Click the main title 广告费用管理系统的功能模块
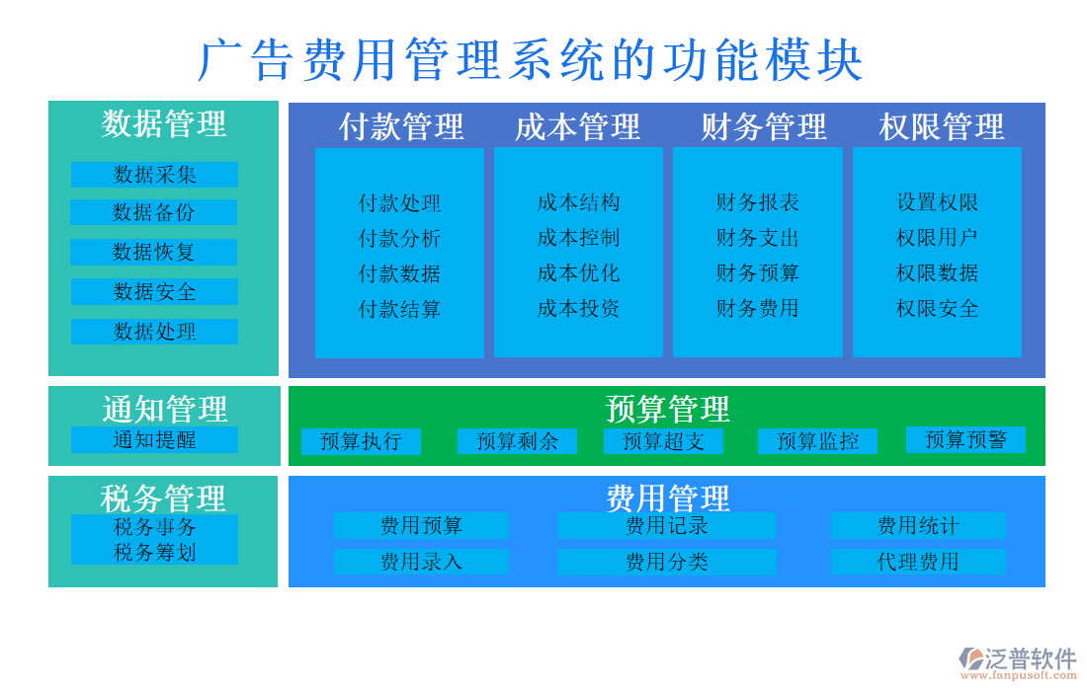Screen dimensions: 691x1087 click(x=531, y=61)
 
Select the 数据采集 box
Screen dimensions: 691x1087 click(x=154, y=175)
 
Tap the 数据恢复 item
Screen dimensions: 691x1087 click(x=154, y=252)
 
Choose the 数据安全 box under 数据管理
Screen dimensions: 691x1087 click(x=154, y=291)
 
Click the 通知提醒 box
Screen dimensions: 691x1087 click(x=154, y=439)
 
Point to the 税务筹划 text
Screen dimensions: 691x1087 click(x=154, y=553)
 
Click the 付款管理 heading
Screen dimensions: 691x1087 click(x=400, y=126)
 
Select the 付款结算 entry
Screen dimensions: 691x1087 click(x=399, y=309)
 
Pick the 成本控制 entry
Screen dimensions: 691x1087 click(x=578, y=238)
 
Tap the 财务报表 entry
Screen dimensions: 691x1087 click(x=757, y=202)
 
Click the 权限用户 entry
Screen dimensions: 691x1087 click(x=937, y=238)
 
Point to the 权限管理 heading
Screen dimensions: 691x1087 click(x=941, y=126)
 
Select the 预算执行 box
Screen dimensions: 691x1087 click(x=361, y=441)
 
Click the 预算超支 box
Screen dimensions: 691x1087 click(x=663, y=441)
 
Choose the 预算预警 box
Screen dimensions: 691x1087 click(x=965, y=439)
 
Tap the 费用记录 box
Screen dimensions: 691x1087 click(x=666, y=526)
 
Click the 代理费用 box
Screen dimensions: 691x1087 click(x=918, y=562)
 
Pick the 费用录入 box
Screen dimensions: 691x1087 click(x=421, y=562)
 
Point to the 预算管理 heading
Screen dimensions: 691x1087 click(x=667, y=407)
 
